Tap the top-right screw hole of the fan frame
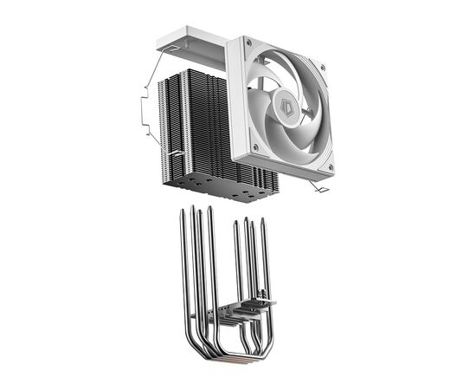(x=323, y=66)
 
